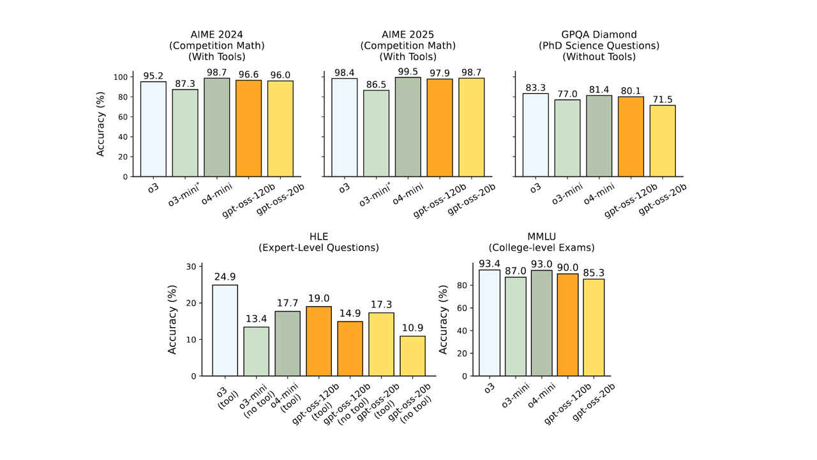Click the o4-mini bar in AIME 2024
217,127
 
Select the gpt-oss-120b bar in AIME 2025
440,127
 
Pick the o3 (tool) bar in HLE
225,330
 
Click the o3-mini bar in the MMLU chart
514,326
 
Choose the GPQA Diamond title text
599,34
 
